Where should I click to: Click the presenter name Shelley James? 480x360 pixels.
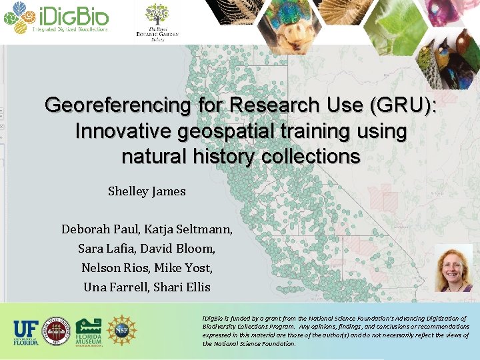tap(147, 191)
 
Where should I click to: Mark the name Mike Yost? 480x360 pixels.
tap(187, 268)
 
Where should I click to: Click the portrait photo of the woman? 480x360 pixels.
tap(453, 267)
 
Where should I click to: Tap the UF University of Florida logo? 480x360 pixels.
tap(26, 331)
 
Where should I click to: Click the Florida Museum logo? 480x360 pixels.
tap(89, 331)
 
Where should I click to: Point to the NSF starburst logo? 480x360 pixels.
tap(122, 331)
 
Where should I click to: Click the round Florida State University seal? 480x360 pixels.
tap(57, 331)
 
